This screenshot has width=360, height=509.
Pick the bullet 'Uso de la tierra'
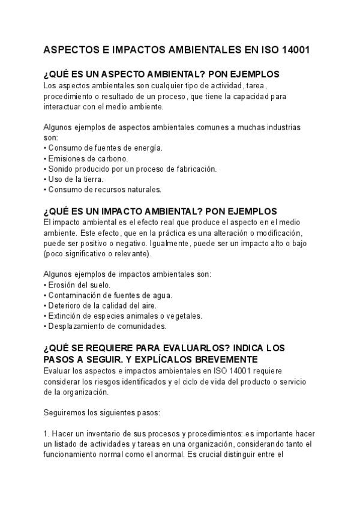(x=74, y=179)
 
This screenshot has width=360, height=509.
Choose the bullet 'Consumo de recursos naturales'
(x=103, y=190)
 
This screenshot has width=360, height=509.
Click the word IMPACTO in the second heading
(x=132, y=211)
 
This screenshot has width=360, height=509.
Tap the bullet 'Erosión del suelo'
(x=77, y=285)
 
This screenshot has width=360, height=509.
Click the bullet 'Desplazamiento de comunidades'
(x=105, y=327)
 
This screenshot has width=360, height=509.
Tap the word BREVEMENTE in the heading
(x=222, y=359)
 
